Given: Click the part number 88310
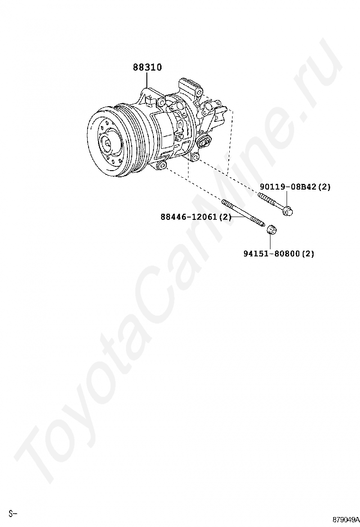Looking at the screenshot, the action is tap(147, 67).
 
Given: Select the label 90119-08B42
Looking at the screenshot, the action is tap(288, 187).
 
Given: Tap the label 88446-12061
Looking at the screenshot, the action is tap(189, 217).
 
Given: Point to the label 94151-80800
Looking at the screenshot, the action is tap(271, 254).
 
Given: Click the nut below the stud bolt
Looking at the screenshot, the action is tap(271, 230).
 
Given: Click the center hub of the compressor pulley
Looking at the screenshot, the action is tap(108, 143).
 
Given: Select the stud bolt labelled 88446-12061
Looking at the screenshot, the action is tap(243, 214).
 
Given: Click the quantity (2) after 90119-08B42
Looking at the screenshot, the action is tap(324, 187).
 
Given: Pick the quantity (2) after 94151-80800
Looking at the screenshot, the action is tap(307, 254).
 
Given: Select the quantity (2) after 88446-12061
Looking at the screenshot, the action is tap(225, 217).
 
